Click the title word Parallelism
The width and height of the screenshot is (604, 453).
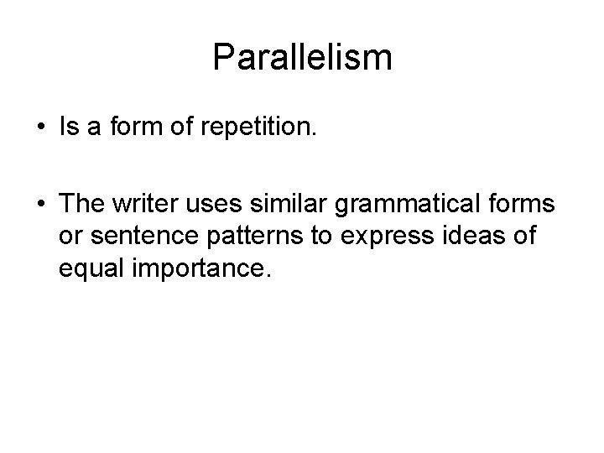pos(302,58)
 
